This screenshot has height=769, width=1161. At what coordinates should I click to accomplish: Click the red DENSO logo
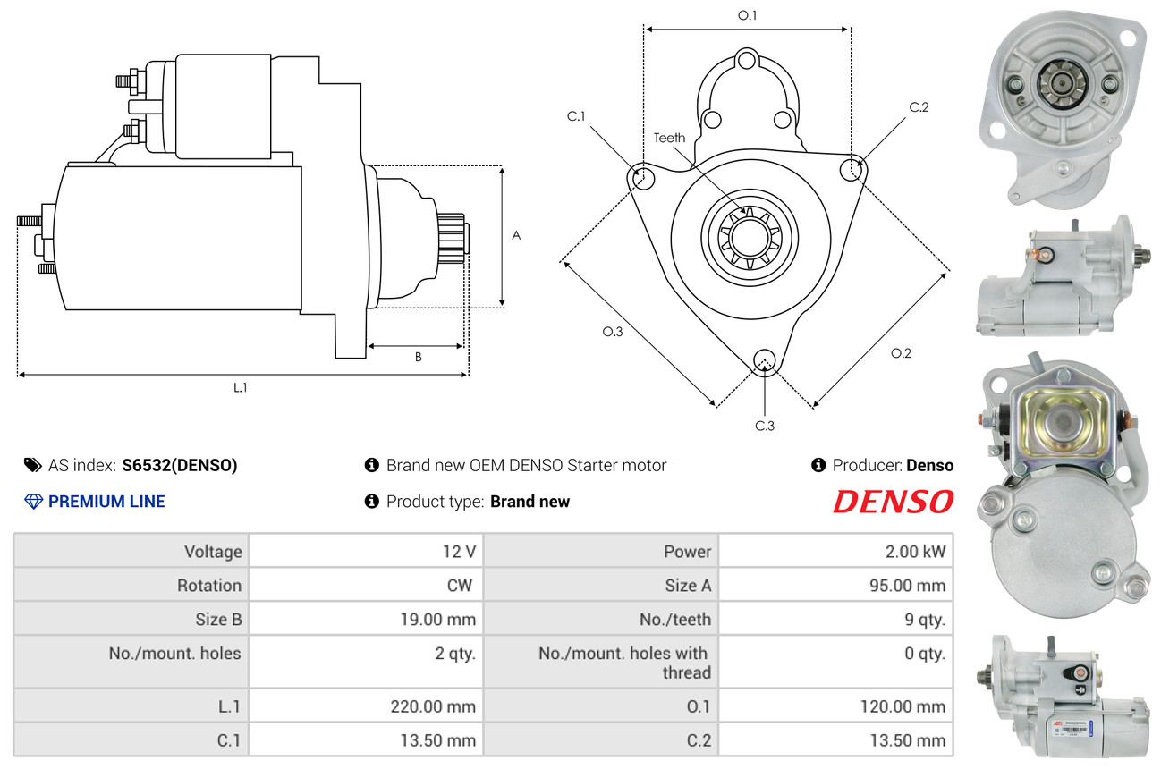(x=893, y=501)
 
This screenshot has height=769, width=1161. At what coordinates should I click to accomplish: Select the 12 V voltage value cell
(x=459, y=552)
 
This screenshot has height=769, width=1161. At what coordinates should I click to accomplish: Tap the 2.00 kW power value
(x=915, y=552)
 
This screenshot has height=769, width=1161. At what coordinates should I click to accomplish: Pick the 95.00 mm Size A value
(x=908, y=586)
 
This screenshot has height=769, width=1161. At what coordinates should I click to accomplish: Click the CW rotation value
(x=460, y=586)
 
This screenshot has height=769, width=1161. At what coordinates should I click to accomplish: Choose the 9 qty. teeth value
(x=925, y=620)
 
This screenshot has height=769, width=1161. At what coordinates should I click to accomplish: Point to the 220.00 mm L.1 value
(x=433, y=706)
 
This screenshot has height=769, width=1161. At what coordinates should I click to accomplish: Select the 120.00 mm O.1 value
(x=903, y=706)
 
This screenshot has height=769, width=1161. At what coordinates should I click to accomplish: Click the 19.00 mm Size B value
(x=438, y=620)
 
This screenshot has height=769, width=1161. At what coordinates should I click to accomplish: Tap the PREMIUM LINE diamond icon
(x=34, y=501)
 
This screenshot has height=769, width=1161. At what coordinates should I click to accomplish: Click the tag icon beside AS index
(x=33, y=465)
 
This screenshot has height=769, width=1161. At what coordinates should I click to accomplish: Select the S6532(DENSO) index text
(x=179, y=465)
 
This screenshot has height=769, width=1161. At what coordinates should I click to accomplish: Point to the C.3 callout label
(x=765, y=426)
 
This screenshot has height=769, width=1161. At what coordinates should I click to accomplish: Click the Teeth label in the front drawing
(x=669, y=138)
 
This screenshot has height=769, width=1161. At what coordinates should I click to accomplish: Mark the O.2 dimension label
(x=901, y=353)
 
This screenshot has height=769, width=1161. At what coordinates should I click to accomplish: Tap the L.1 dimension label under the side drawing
(x=240, y=387)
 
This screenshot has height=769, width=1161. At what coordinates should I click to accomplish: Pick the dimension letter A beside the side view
(x=516, y=236)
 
